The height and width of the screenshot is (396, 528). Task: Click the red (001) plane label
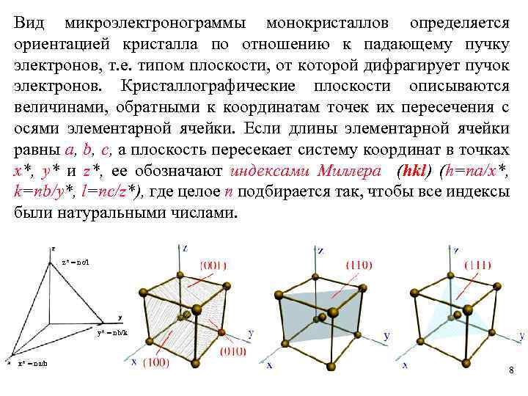pyautogui.click(x=213, y=265)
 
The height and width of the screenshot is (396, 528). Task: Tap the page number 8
pyautogui.click(x=511, y=371)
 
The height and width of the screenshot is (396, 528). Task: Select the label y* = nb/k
pyautogui.click(x=112, y=332)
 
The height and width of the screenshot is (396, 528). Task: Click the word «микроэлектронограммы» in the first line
pyautogui.click(x=155, y=24)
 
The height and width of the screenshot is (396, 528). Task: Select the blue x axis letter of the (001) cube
pyautogui.click(x=134, y=361)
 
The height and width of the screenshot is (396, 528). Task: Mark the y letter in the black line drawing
pyautogui.click(x=120, y=318)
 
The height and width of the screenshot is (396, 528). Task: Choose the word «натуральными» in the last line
pyautogui.click(x=122, y=214)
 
